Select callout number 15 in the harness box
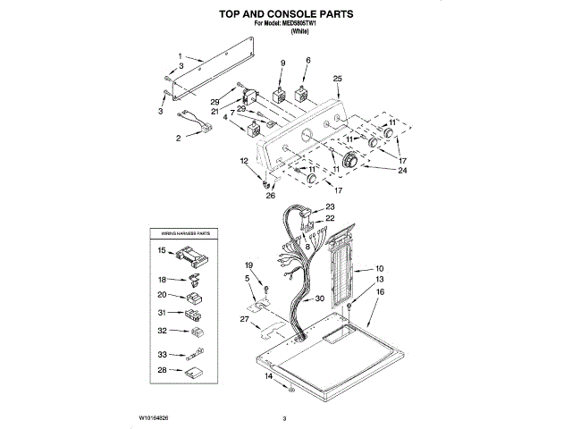tap(162, 252)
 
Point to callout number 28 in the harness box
tap(162, 369)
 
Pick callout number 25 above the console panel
tap(337, 80)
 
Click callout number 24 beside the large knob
tap(402, 169)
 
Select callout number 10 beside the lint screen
tap(379, 268)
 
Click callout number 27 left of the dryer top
tap(243, 318)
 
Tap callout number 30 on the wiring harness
tap(320, 300)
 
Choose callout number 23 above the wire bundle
tap(330, 207)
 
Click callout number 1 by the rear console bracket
tap(179, 55)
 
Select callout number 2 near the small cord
tap(178, 139)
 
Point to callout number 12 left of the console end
tap(243, 160)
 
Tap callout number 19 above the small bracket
tap(249, 265)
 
